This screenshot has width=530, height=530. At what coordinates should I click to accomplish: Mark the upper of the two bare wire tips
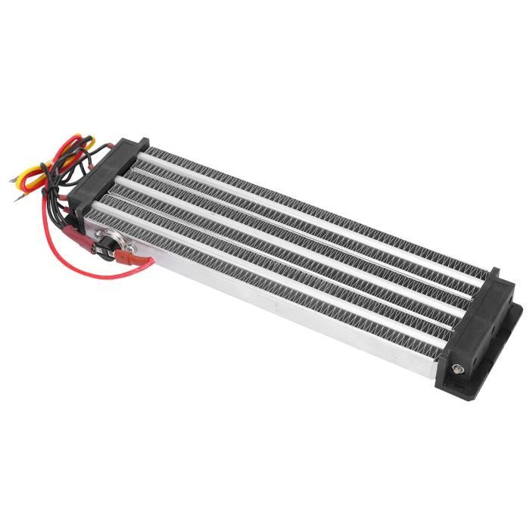(13, 179)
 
